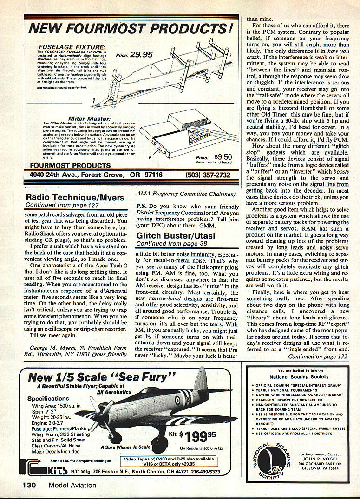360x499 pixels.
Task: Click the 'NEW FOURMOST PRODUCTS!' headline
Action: pos(131,29)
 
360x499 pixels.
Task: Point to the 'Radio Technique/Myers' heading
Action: pos(75,197)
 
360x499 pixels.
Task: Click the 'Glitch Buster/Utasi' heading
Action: pos(176,236)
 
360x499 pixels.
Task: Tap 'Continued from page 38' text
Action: pos(165,243)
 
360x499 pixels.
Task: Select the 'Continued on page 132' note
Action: pos(317,356)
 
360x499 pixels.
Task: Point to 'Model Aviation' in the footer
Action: pos(72,485)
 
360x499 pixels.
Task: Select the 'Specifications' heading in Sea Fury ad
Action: pos(48,398)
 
